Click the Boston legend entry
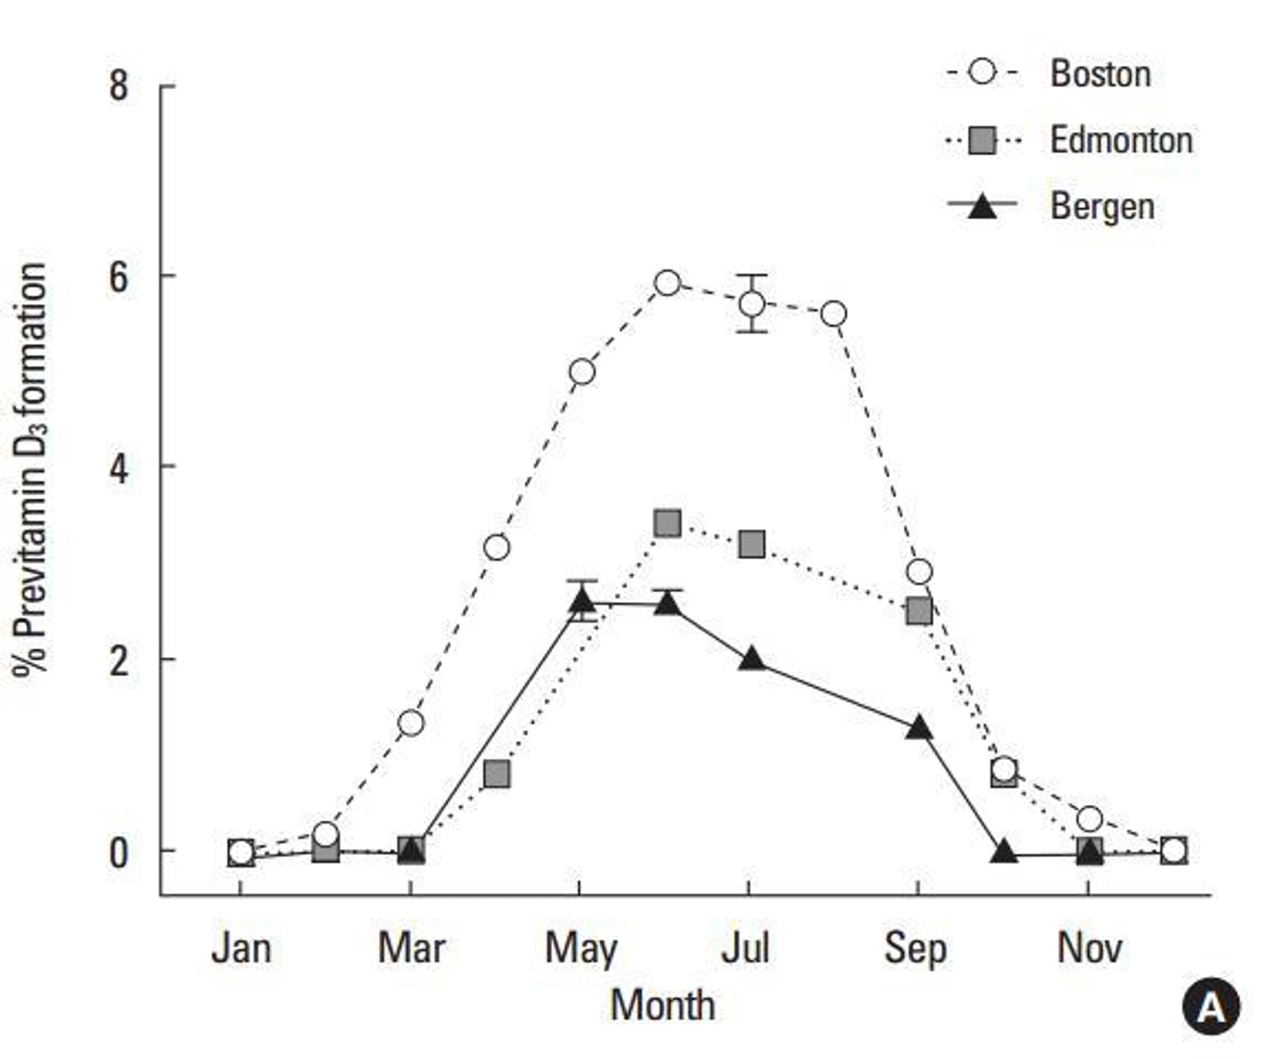1100,74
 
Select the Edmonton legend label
1121,140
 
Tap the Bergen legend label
1102,207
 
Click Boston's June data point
667,283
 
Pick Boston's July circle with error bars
752,304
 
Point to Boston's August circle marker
834,314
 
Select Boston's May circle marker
582,372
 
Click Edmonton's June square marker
667,523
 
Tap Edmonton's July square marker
752,545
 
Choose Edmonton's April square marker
497,774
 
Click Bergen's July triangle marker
752,660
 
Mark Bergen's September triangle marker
919,728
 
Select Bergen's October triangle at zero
1003,852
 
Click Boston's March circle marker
411,723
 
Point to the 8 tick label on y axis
119,86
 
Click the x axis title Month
663,1005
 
